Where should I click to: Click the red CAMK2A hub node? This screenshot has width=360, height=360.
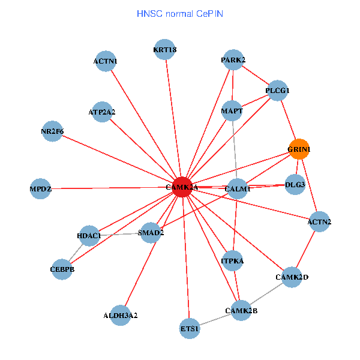coord(182,187)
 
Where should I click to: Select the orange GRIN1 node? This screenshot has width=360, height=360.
coord(299,149)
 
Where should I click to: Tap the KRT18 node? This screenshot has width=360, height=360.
coord(165,50)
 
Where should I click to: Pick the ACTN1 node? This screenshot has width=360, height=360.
coord(106,61)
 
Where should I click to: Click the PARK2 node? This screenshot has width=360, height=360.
coord(233,60)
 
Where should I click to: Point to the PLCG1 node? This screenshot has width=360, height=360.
coord(277,91)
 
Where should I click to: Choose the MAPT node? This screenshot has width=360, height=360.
coord(232,112)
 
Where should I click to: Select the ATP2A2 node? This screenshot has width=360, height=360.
coord(102,112)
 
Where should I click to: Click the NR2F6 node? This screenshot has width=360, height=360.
coord(52,131)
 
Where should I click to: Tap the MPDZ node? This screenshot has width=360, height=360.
coord(41,189)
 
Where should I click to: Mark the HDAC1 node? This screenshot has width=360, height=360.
coord(89,236)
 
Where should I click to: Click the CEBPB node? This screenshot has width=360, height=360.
coord(62,269)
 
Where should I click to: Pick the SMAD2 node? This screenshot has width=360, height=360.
coord(151,232)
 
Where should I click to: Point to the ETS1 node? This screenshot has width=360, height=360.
coord(190,329)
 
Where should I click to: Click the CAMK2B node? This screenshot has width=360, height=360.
coord(241,310)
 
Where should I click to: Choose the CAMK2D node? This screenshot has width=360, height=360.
coord(292,277)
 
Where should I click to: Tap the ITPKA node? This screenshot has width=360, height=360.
coord(232,261)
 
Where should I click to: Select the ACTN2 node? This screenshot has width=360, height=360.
coord(319,222)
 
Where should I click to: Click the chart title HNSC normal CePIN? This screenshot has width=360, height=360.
coord(180,13)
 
